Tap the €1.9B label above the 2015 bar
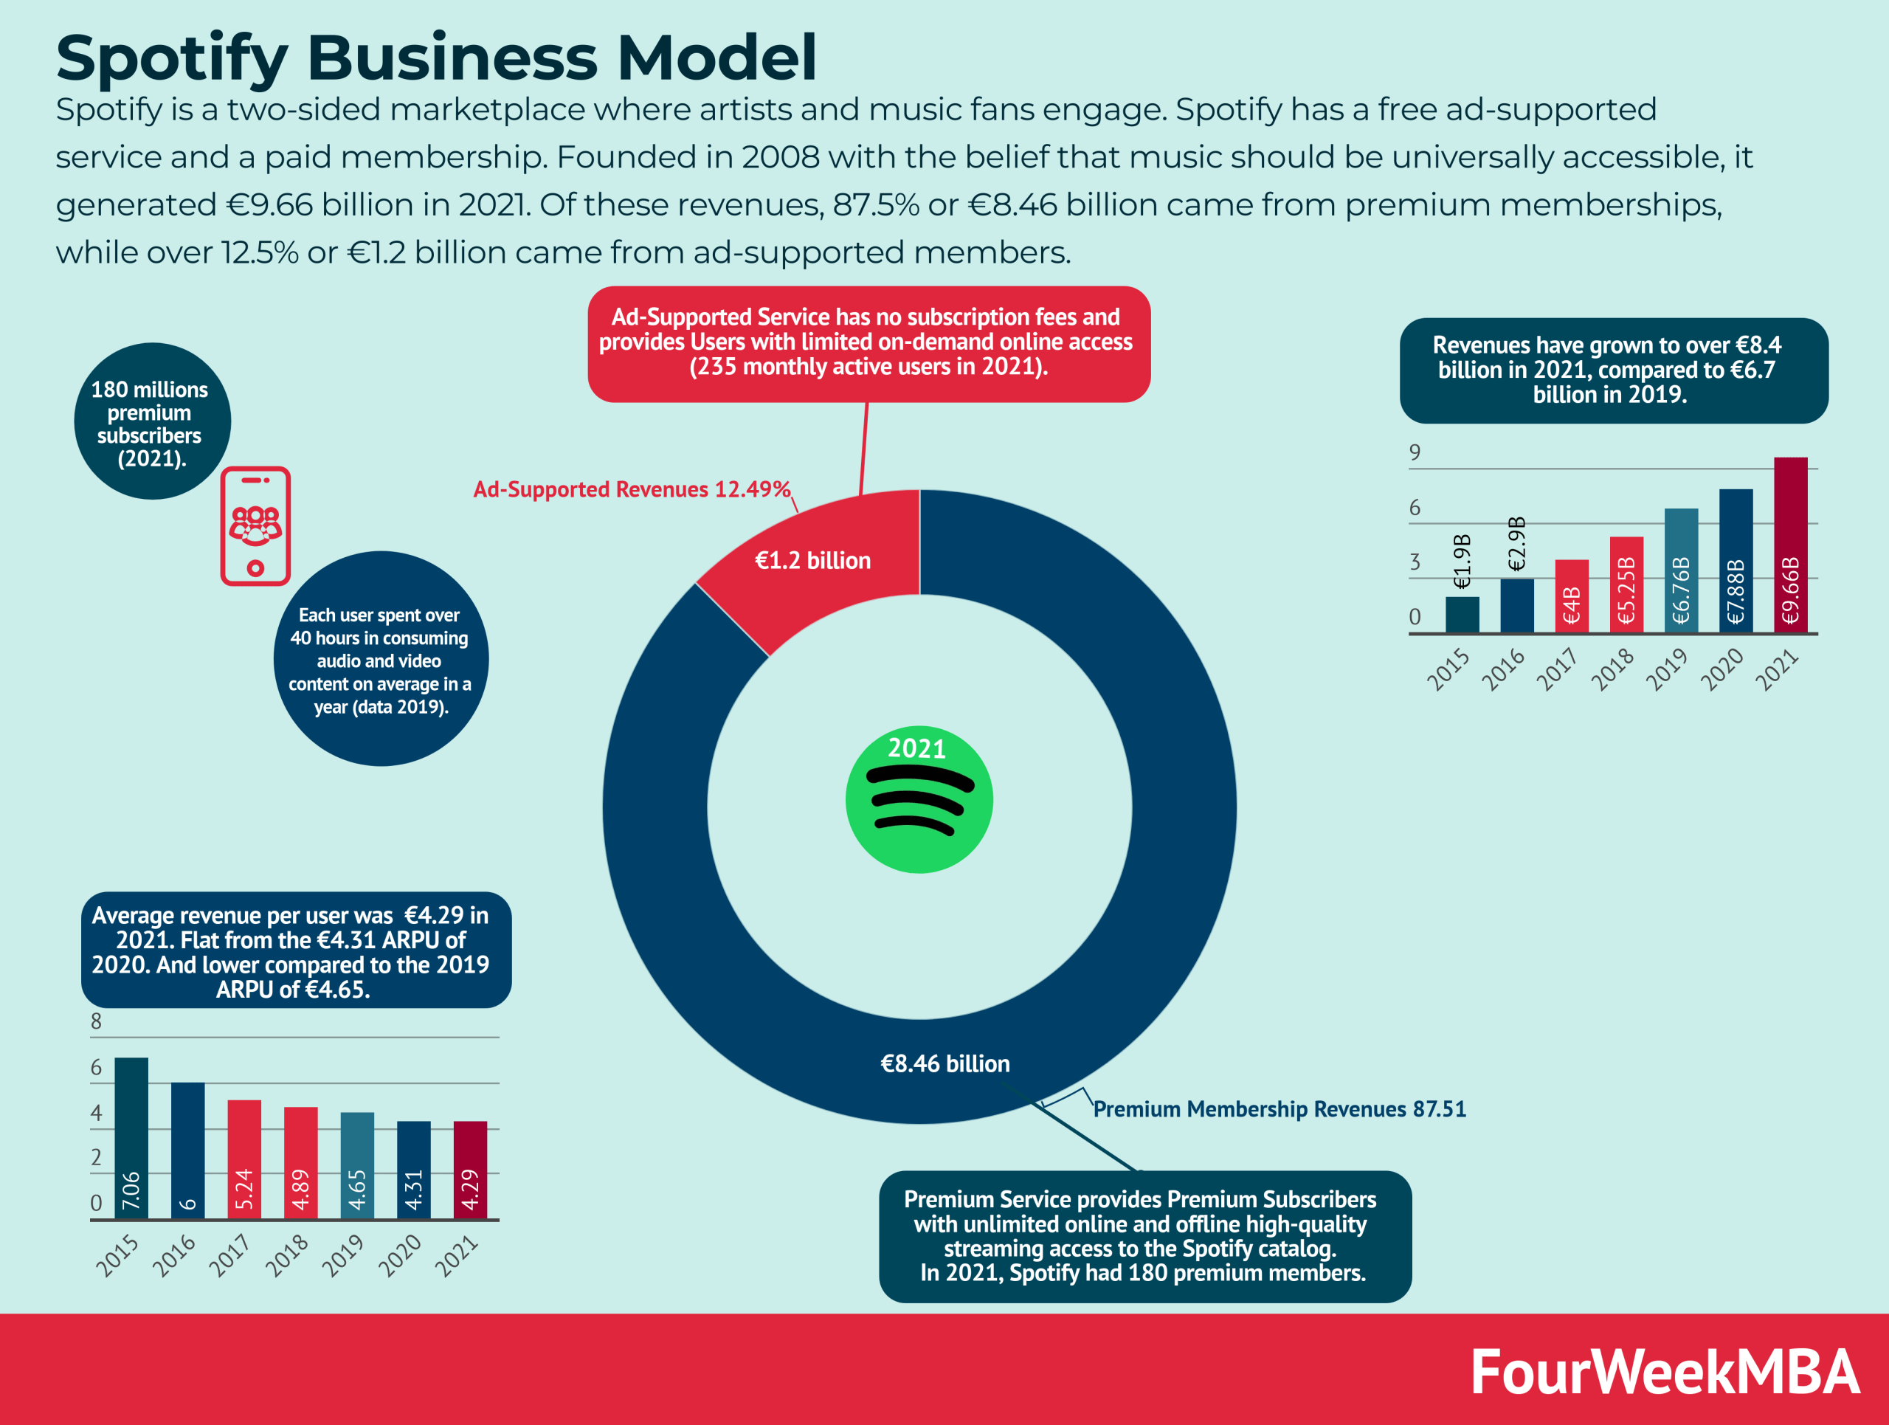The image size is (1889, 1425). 1462,561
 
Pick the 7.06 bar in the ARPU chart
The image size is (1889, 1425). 131,1137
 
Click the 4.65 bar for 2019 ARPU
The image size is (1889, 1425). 357,1165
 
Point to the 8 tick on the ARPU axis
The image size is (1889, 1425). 96,1021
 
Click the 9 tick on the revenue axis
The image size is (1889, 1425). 1415,452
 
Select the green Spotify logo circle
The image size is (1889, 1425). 919,800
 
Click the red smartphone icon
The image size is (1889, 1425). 255,526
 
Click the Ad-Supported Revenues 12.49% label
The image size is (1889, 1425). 632,489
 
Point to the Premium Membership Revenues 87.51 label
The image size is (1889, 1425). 1280,1109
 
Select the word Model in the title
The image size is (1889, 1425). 716,58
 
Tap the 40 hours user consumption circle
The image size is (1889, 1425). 380,659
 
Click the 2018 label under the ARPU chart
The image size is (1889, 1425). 287,1255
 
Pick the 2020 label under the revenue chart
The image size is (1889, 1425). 1721,669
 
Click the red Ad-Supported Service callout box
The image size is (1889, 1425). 868,343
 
